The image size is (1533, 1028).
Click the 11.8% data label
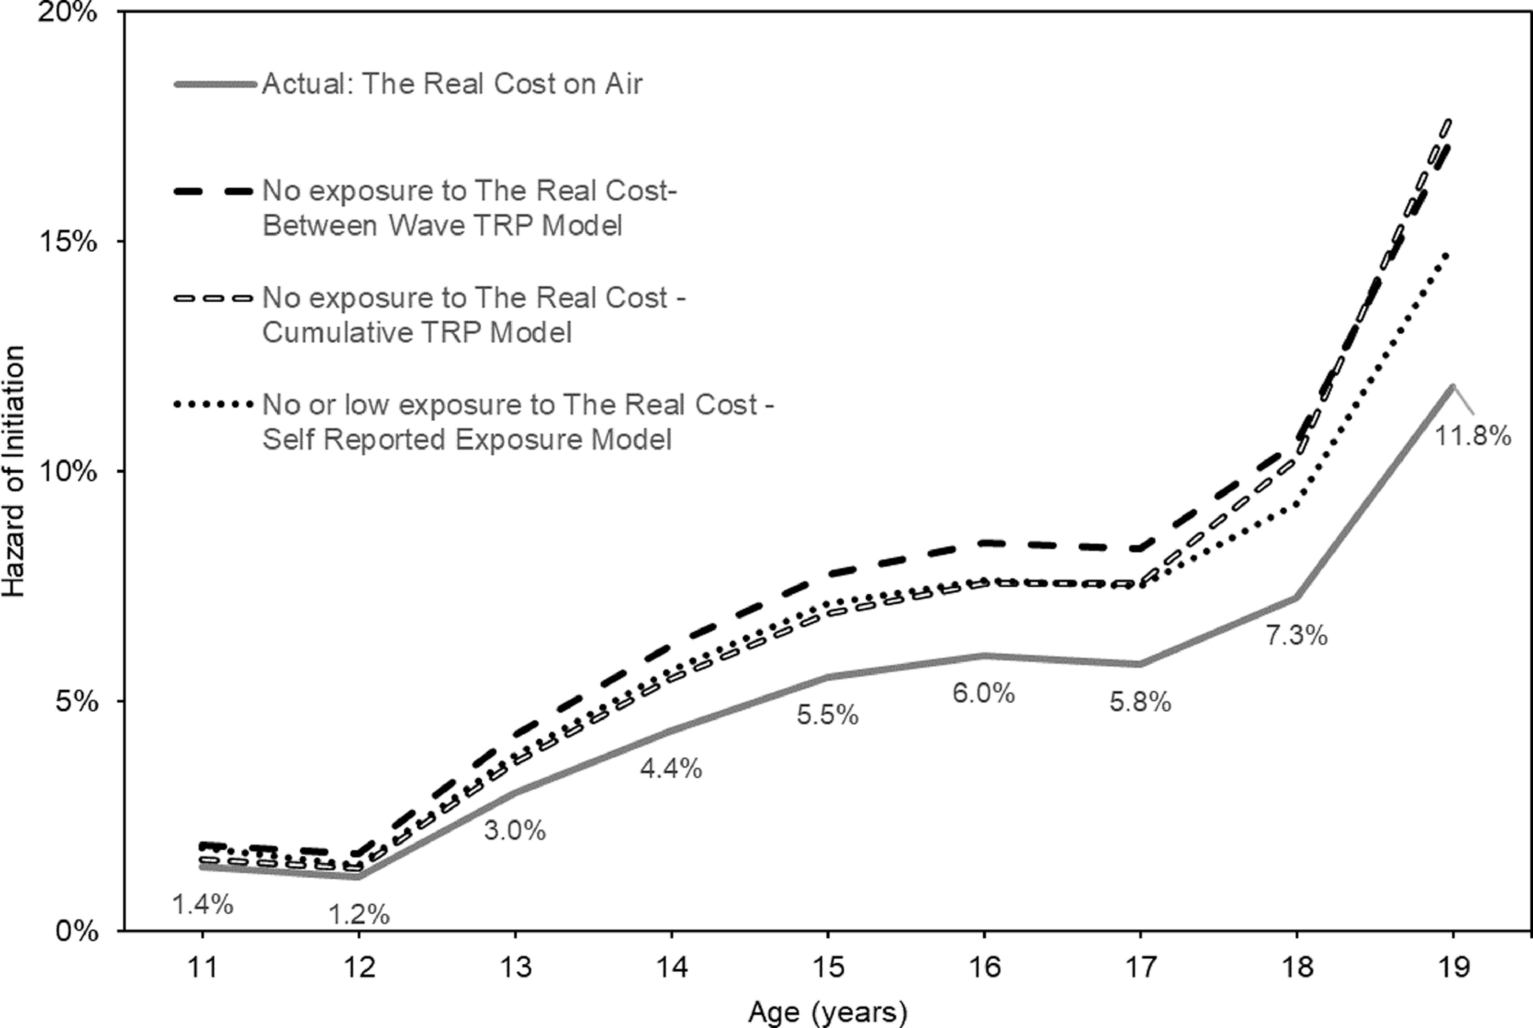tap(1473, 436)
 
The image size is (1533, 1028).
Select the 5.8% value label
tap(1140, 703)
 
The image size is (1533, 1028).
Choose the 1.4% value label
tap(203, 905)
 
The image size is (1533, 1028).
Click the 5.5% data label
tap(827, 714)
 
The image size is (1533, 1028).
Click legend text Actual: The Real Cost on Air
tap(452, 84)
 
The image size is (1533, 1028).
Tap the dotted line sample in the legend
tap(214, 404)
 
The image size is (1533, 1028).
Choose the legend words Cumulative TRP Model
tap(417, 332)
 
